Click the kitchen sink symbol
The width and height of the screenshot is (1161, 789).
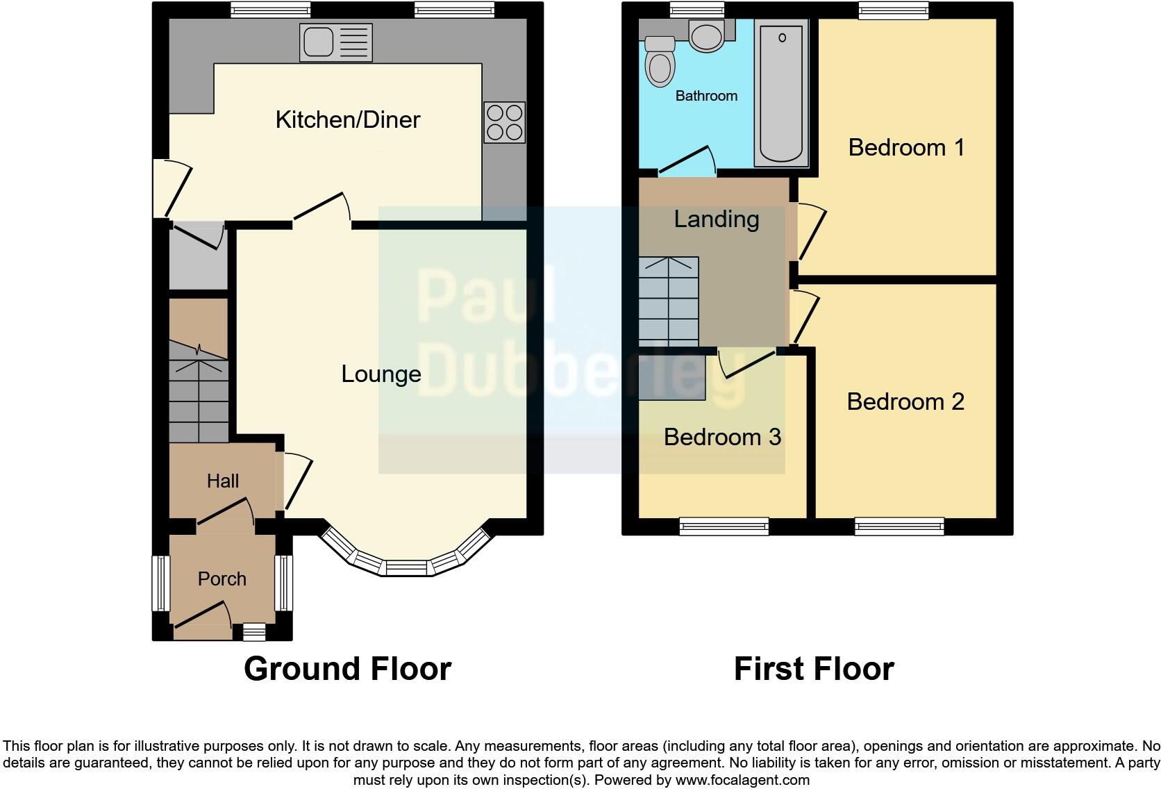click(x=336, y=42)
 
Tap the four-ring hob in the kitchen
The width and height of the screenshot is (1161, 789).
click(x=504, y=122)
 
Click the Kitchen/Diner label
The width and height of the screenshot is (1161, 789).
click(x=347, y=119)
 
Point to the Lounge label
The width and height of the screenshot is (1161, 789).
click(x=381, y=374)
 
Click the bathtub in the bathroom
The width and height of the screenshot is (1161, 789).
click(x=781, y=92)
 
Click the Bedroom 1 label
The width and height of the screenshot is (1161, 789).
click(x=906, y=147)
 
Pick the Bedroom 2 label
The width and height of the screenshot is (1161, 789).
click(x=905, y=401)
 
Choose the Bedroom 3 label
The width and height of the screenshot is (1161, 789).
click(x=722, y=437)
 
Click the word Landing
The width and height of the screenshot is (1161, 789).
click(x=716, y=219)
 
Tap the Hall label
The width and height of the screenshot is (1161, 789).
click(x=222, y=481)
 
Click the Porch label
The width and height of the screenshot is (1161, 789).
click(x=222, y=579)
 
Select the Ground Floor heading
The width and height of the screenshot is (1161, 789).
click(x=347, y=669)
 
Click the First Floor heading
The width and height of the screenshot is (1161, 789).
click(x=814, y=669)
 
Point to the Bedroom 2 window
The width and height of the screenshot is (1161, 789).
click(x=899, y=526)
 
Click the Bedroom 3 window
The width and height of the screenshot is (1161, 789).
click(x=724, y=526)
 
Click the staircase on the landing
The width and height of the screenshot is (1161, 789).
click(x=668, y=301)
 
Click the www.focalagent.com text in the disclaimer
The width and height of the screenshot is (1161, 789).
click(x=742, y=780)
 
